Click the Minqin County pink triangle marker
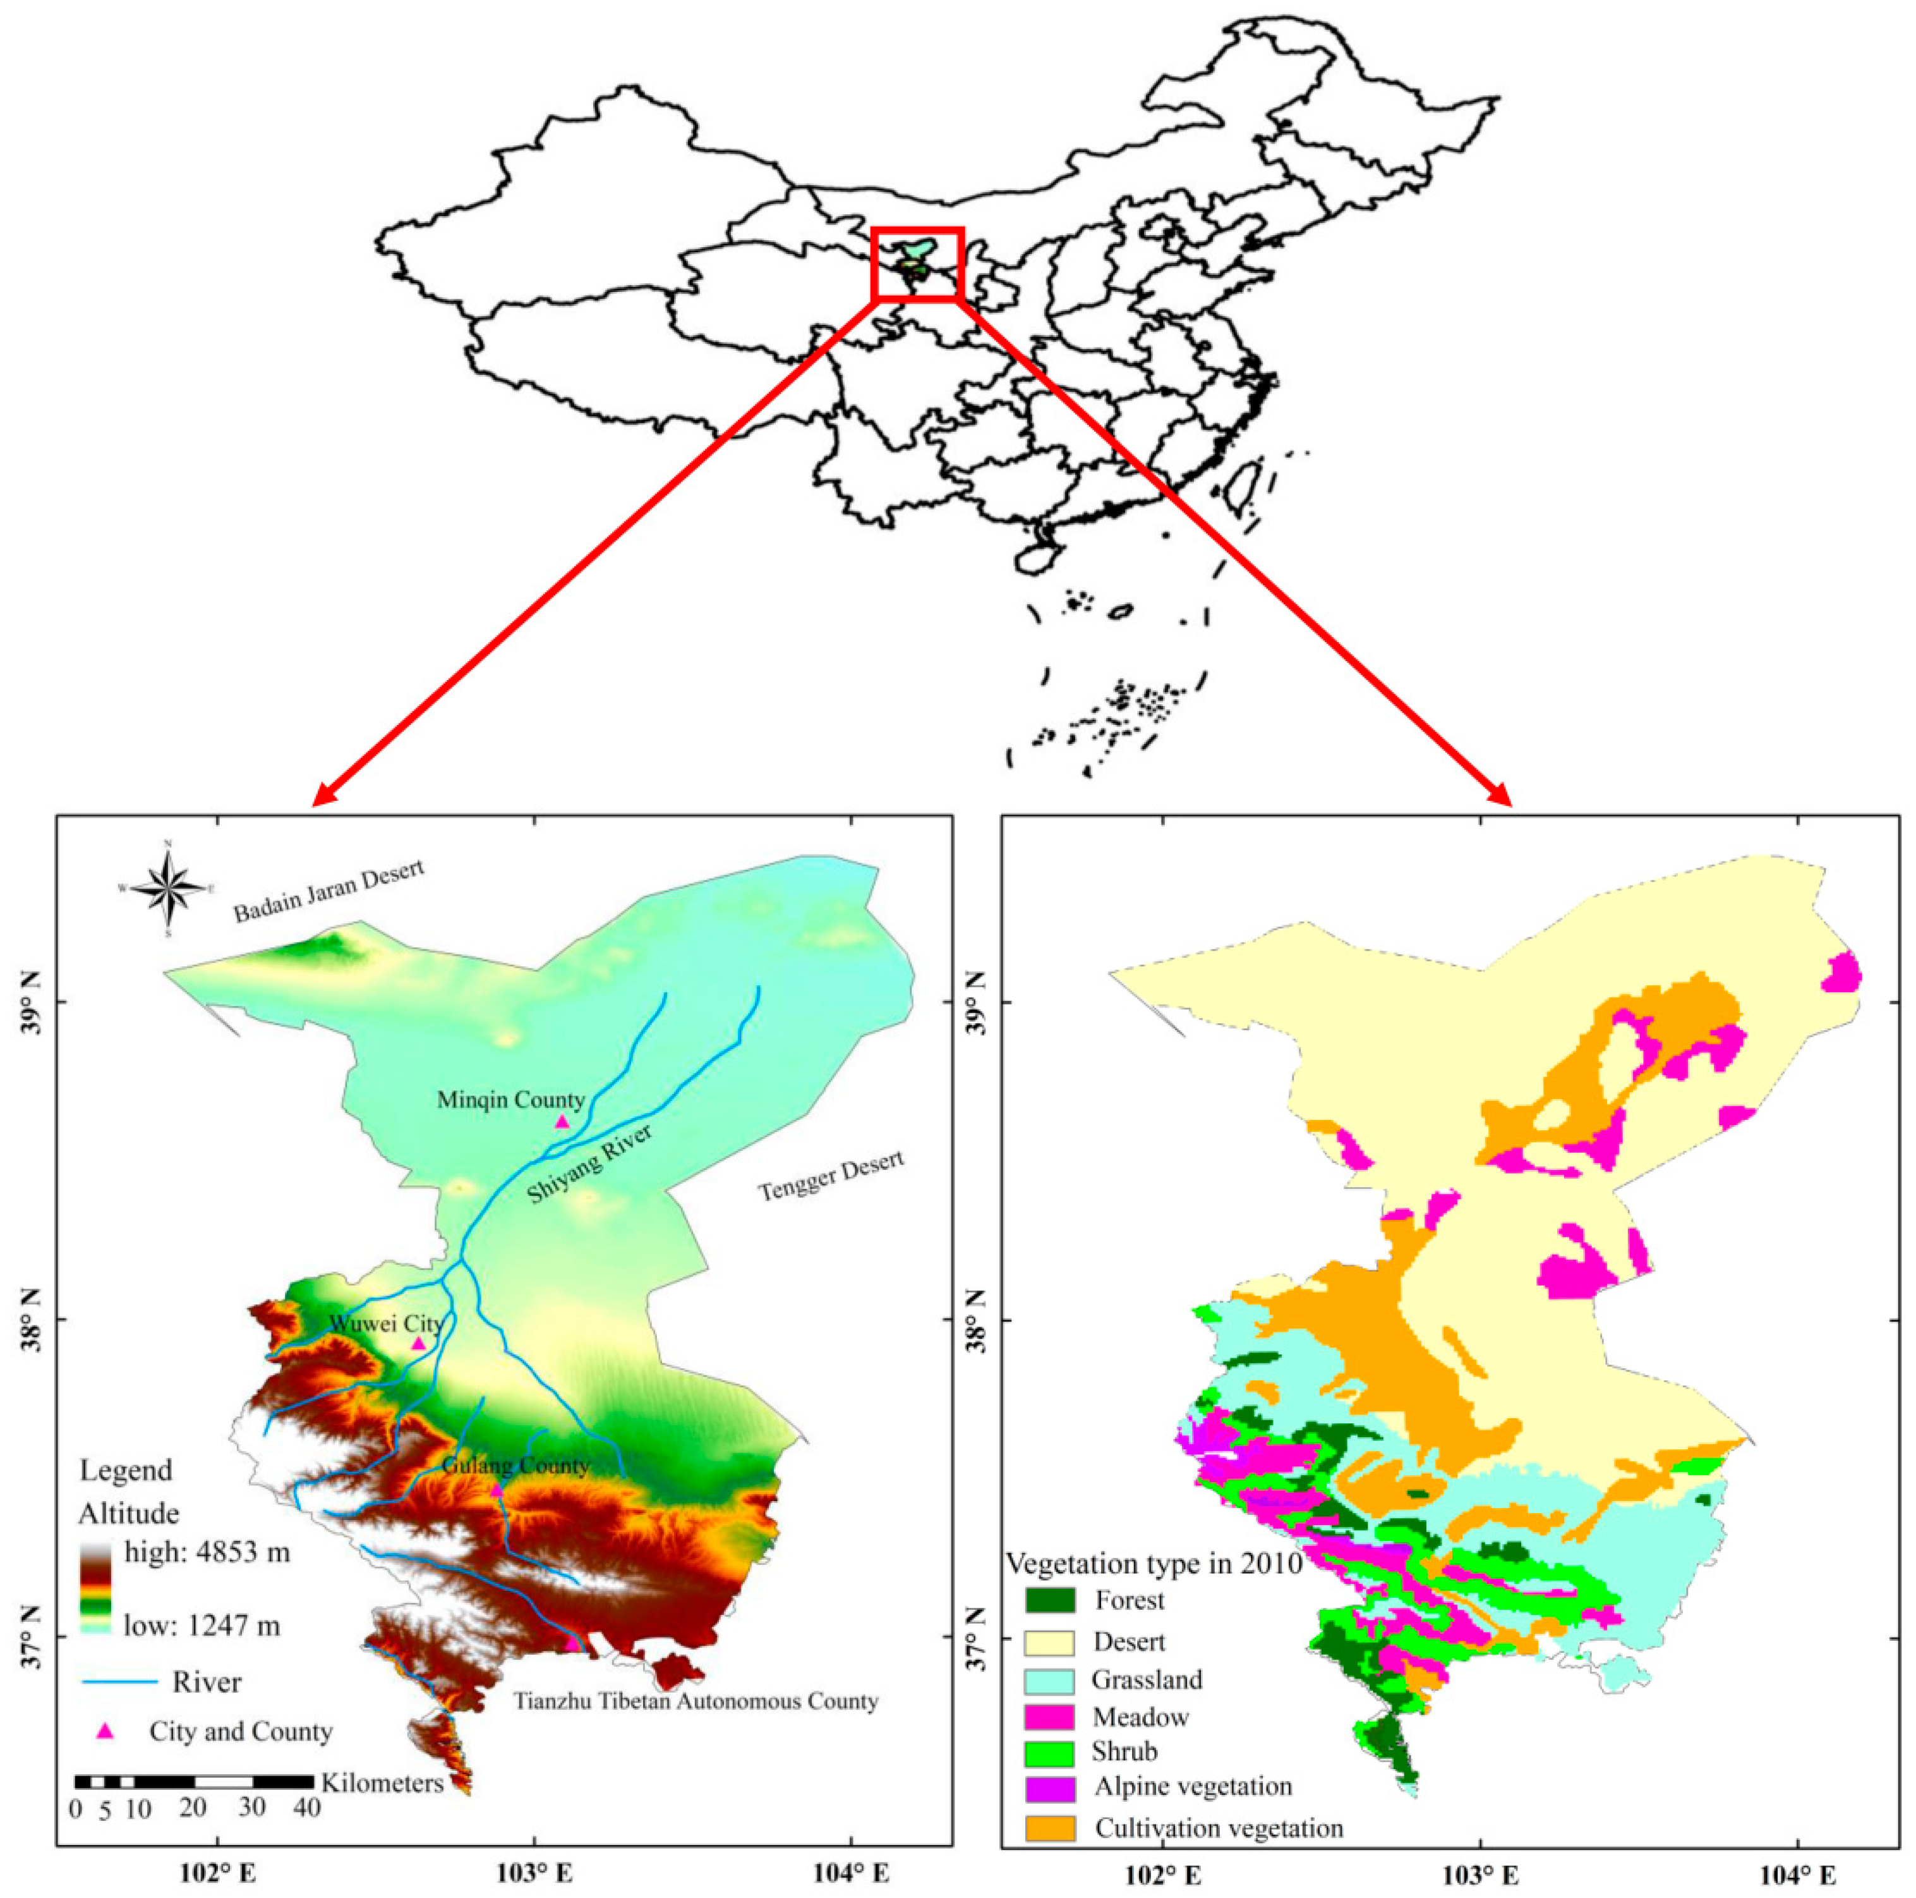coord(562,1122)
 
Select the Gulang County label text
coord(515,1464)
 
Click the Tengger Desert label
coord(831,1175)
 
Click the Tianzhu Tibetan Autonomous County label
coord(696,1701)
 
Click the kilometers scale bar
coord(195,1782)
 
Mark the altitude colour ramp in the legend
coord(96,1588)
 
